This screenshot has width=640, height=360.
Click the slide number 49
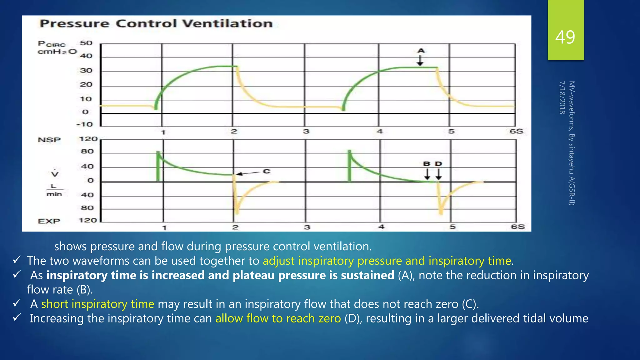point(565,37)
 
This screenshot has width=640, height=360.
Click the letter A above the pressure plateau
point(421,51)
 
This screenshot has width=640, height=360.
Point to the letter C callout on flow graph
point(266,171)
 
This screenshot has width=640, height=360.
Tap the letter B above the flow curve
point(427,164)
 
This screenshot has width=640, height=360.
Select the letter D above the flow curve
point(438,164)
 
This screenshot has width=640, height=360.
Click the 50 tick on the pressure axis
point(86,43)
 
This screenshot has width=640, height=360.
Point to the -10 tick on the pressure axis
point(85,124)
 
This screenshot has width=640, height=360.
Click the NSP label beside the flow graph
point(49,140)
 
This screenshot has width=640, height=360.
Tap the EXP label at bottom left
point(49,221)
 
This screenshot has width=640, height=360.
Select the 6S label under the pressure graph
point(516,131)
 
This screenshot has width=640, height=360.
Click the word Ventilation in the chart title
point(227,24)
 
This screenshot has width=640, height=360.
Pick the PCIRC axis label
point(52,44)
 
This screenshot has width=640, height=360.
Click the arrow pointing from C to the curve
point(248,173)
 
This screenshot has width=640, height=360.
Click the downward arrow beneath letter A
point(420,61)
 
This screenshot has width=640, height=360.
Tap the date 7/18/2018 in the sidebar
point(562,97)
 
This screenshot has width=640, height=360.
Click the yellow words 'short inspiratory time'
point(97,304)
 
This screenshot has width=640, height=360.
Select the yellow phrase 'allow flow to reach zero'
point(278,318)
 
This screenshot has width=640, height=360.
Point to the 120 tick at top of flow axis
point(88,139)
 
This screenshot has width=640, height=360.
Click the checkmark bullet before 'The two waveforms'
point(17,260)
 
